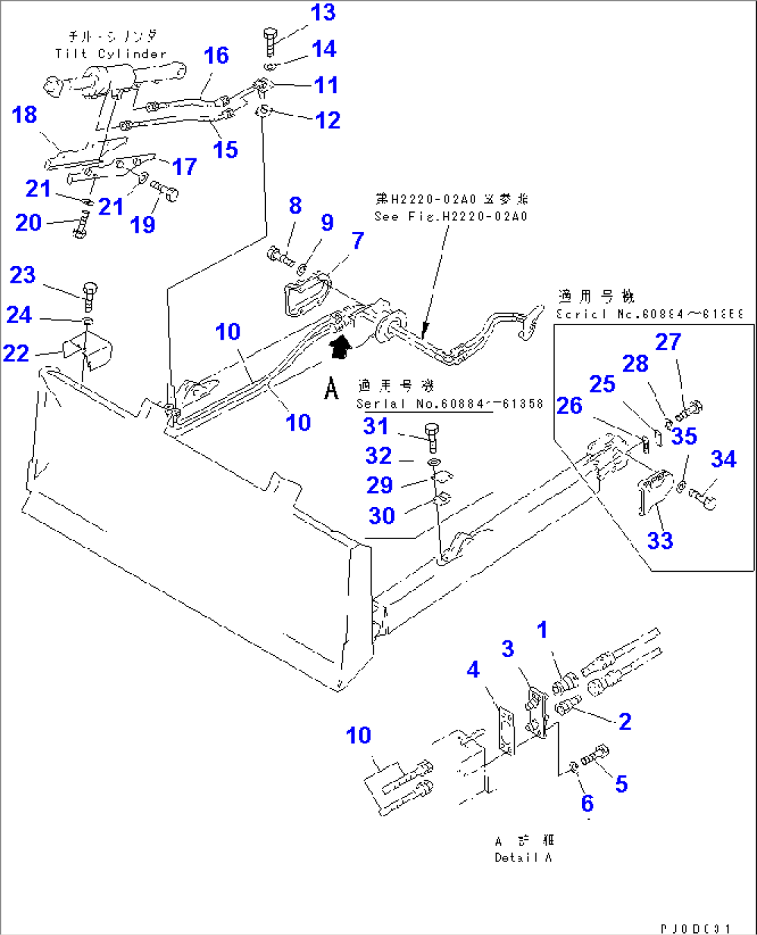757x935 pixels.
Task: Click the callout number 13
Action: (x=323, y=13)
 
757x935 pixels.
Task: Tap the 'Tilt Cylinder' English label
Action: (x=111, y=54)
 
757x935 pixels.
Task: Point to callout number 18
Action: (x=24, y=115)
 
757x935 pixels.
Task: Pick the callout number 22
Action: (x=16, y=354)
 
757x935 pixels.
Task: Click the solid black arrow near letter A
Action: (x=340, y=347)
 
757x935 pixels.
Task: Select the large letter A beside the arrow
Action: (x=331, y=388)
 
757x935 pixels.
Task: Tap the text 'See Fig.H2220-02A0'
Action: (x=451, y=217)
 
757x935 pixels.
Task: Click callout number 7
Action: (x=358, y=241)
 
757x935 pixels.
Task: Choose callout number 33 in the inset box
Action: (x=660, y=540)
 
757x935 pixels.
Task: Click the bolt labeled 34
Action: (x=703, y=499)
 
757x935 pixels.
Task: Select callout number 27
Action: (x=668, y=342)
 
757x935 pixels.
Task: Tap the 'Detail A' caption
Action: (x=523, y=858)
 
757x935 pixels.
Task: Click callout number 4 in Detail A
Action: (x=473, y=670)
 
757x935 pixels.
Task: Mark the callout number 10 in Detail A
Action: (x=358, y=736)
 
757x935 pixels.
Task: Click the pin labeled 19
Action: (x=165, y=190)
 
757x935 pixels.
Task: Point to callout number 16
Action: (x=216, y=56)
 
